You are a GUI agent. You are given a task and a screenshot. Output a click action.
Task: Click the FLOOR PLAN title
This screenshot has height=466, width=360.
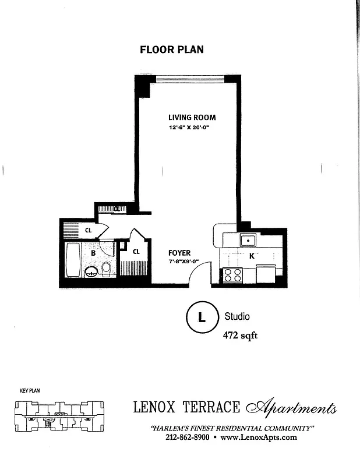pos(172,50)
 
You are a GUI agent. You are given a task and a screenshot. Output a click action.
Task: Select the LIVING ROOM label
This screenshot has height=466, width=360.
pos(192,117)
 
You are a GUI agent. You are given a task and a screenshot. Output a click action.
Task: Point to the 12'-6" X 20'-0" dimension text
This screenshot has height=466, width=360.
pos(189,128)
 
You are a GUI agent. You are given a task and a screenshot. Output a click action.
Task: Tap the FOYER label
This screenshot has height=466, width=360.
pos(179,253)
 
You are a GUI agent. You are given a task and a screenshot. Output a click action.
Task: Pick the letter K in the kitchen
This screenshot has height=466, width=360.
pos(252,256)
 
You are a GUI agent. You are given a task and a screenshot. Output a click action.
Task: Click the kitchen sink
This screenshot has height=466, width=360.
pos(248,239)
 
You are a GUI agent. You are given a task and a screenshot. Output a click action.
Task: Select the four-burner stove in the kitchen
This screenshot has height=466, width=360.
pos(232,274)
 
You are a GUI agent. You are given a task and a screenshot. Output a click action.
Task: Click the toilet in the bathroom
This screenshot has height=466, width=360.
pos(106,268)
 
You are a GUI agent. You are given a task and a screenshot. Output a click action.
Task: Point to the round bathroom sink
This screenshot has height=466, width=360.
pos(91,271)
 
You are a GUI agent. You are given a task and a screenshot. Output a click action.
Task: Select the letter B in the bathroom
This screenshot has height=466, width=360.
pos(93,253)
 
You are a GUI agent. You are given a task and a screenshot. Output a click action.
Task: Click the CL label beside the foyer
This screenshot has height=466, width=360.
pos(136,252)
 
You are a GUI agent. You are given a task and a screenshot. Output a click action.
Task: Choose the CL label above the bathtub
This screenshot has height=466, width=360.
pos(89,230)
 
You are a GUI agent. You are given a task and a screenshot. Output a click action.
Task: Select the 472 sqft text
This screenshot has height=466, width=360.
pos(241,336)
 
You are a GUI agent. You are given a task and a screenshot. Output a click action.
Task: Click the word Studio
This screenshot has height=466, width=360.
pos(237,316)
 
